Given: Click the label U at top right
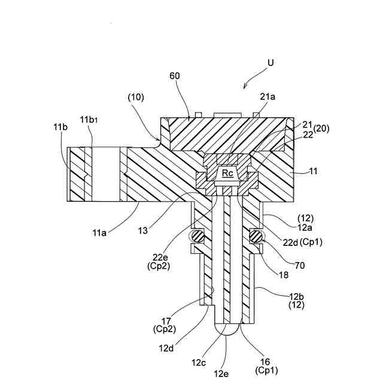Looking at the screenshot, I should pyautogui.click(x=271, y=62).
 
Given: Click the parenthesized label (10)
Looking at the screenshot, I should pyautogui.click(x=135, y=98).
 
